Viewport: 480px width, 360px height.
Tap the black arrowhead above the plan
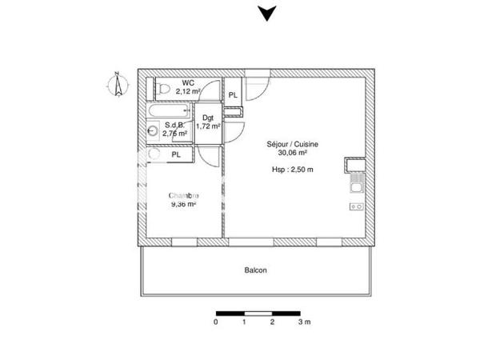pos(265,13)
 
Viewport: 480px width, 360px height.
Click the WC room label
pos(187,82)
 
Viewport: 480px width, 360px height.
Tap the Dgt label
pos(207,118)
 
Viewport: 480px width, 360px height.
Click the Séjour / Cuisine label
pos(293,144)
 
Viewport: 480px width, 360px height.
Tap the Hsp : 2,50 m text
pos(293,170)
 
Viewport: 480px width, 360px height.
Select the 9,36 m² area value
pos(183,204)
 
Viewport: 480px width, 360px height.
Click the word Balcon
pos(256,270)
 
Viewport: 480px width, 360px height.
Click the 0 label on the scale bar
pos(216,322)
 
